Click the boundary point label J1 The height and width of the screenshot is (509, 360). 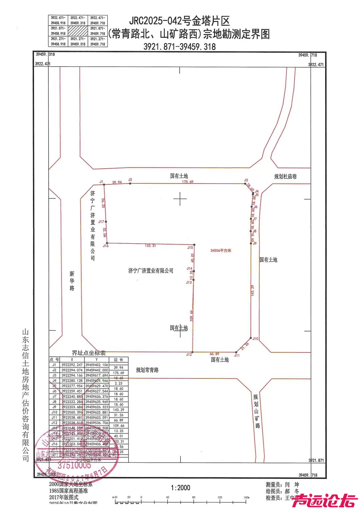[101, 182]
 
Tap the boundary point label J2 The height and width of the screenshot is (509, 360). [130, 180]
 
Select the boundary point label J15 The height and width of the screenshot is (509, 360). [190, 247]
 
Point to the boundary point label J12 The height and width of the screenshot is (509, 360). [189, 354]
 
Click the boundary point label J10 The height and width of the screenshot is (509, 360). [255, 338]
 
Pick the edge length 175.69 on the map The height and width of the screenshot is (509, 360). [188, 182]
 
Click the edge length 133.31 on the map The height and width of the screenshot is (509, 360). [150, 245]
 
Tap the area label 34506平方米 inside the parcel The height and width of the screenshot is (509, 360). [221, 250]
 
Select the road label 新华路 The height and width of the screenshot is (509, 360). [72, 281]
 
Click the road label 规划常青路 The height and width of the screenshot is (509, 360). [147, 370]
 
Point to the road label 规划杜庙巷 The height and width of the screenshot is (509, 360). [285, 176]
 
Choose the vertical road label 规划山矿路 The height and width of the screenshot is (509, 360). [256, 411]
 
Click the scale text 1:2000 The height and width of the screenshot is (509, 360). [180, 488]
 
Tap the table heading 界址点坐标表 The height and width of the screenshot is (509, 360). [89, 353]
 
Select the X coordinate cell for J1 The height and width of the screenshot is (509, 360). [72, 365]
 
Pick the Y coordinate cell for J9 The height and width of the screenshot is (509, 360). [97, 407]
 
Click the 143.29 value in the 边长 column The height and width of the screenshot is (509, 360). [118, 410]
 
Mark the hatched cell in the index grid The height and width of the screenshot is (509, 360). [78, 31]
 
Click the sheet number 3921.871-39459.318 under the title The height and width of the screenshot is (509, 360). [179, 47]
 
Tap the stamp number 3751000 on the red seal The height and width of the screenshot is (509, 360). [74, 465]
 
